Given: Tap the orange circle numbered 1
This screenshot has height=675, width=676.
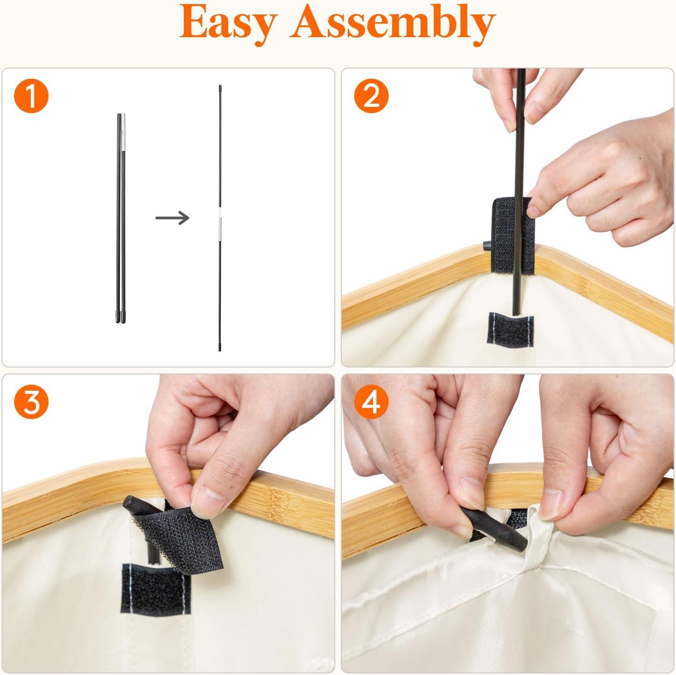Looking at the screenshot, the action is tap(31, 96).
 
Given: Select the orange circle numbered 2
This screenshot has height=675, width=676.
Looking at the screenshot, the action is tap(371, 96).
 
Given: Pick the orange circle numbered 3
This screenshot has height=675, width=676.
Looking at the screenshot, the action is tap(31, 402).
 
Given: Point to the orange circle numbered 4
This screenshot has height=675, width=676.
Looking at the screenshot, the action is tap(371, 402).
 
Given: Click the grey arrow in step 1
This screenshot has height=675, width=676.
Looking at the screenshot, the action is tap(172, 218).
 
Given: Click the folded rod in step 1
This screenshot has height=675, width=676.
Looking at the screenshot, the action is tap(121, 218).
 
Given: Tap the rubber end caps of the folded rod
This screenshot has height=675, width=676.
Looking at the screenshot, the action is tap(121, 316).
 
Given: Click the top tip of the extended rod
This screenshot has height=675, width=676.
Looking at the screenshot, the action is tap(220, 86).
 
